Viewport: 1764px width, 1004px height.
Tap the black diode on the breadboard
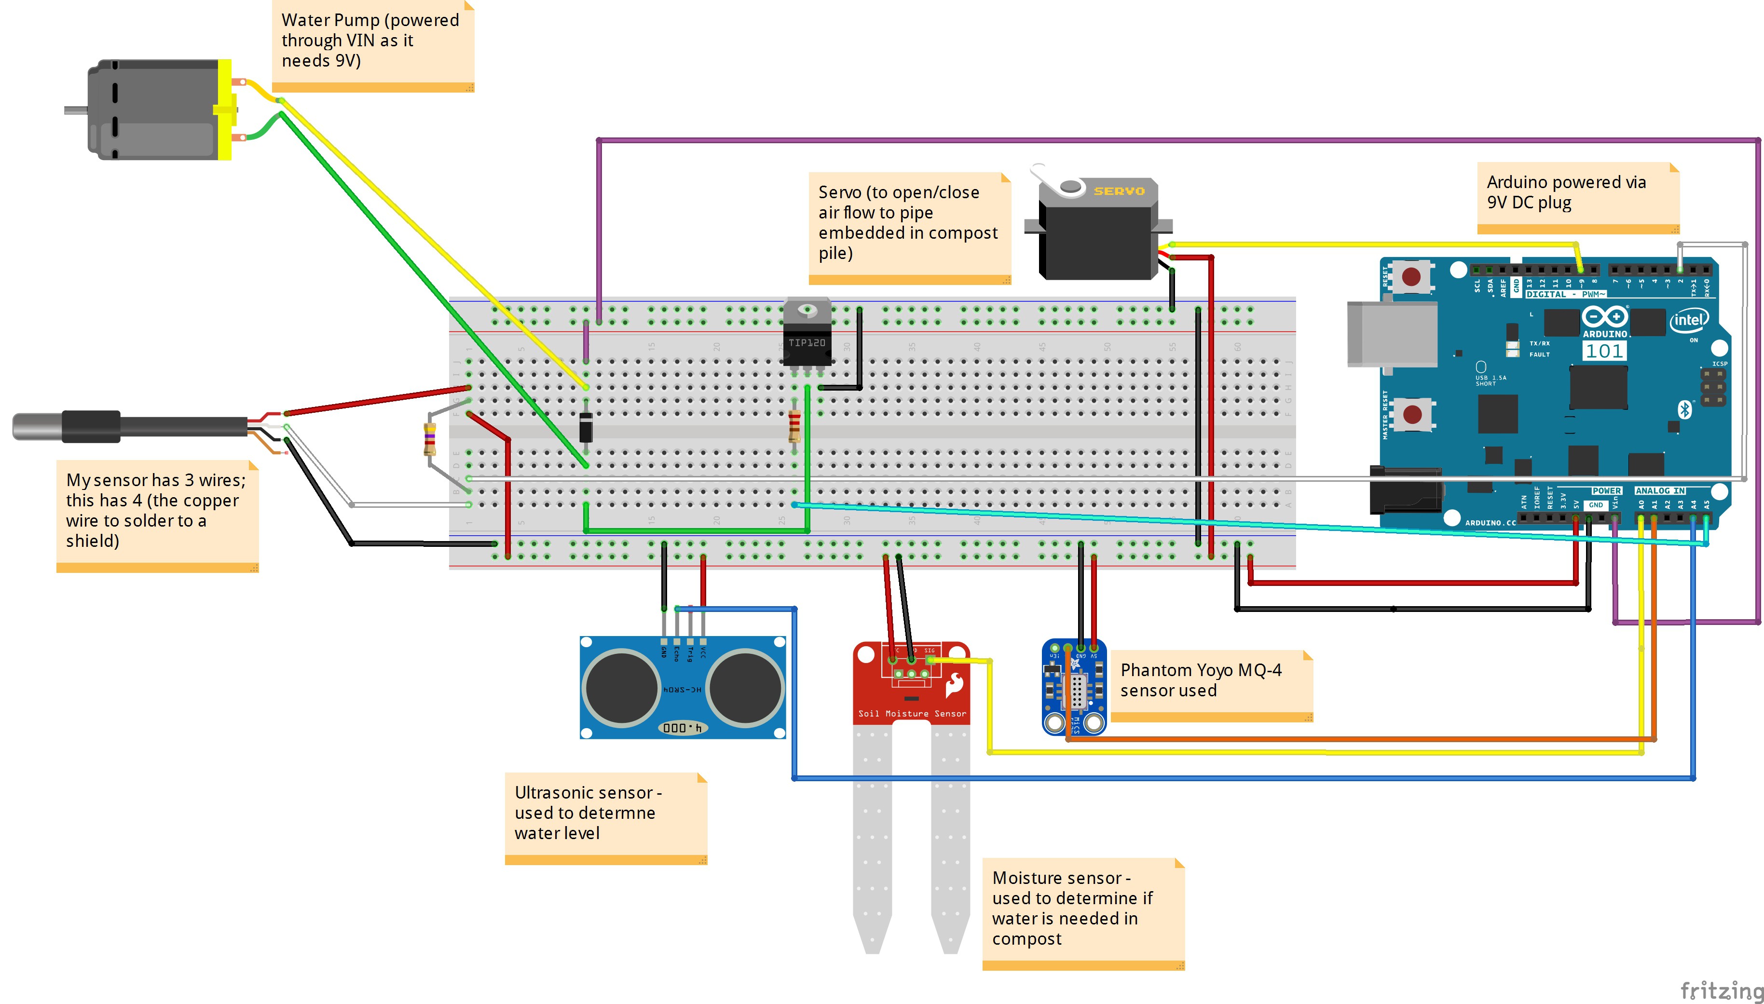pyautogui.click(x=586, y=426)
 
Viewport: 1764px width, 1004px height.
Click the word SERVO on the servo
pyautogui.click(x=1119, y=191)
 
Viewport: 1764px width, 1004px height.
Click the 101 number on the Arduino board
pyautogui.click(x=1604, y=351)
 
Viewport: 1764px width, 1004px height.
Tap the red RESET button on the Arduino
pyautogui.click(x=1411, y=276)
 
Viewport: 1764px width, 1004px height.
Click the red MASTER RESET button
pyautogui.click(x=1411, y=414)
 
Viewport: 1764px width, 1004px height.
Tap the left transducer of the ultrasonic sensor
pyautogui.click(x=621, y=688)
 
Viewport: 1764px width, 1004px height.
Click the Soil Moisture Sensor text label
pyautogui.click(x=912, y=714)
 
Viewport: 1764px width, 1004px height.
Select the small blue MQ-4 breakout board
pyautogui.click(x=1074, y=687)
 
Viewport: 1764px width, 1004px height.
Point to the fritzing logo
pyautogui.click(x=1721, y=990)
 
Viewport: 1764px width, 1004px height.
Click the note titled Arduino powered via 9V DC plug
pyautogui.click(x=1576, y=194)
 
